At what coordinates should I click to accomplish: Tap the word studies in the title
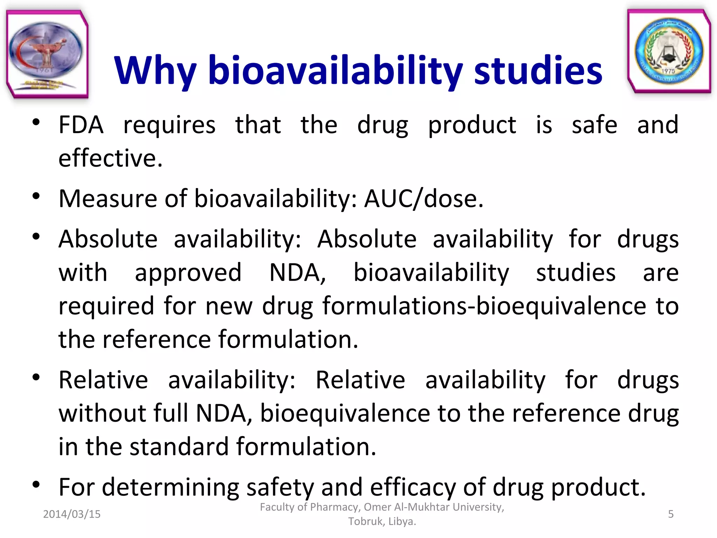coord(538,71)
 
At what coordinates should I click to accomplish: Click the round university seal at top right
coord(669,51)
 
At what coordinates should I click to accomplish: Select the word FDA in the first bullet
coord(81,125)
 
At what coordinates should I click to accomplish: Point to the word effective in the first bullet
coord(110,158)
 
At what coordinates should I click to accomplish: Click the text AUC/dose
coord(424,199)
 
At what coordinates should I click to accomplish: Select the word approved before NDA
coord(188,273)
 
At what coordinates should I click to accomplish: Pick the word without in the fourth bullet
coord(102,414)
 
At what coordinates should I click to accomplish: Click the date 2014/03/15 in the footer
coord(72,514)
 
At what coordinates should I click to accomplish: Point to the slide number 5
coord(670,514)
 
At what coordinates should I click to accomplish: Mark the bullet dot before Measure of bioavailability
coord(36,196)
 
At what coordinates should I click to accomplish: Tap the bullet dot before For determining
coord(36,485)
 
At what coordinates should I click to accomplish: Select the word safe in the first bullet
coord(594,125)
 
